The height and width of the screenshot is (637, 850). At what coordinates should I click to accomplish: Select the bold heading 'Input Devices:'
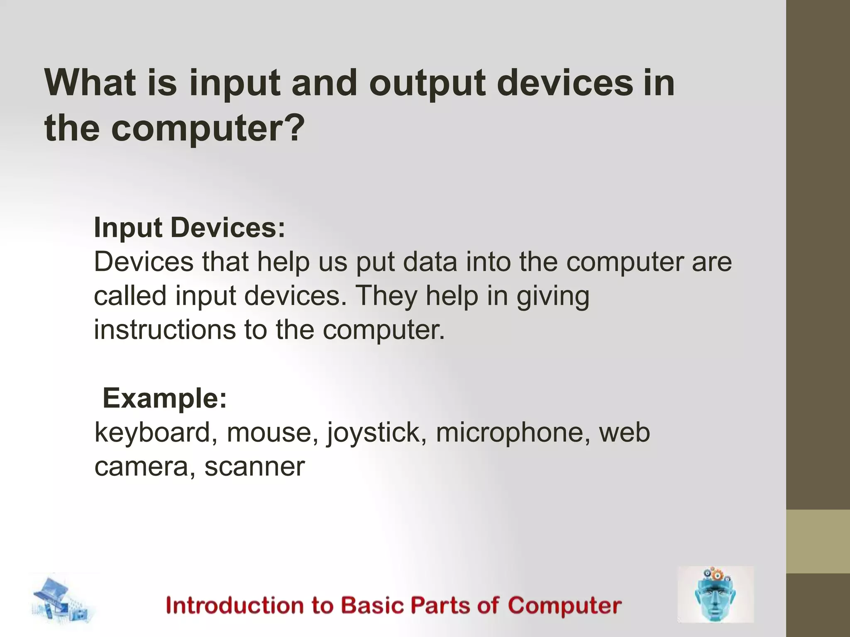click(x=190, y=228)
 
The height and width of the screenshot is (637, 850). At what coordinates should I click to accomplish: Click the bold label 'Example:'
click(x=165, y=399)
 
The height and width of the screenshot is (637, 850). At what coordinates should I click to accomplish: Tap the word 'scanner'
click(x=254, y=467)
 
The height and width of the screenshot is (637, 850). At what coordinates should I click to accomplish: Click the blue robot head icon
click(x=715, y=594)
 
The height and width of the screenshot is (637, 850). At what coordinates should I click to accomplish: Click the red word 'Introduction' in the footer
click(x=249, y=605)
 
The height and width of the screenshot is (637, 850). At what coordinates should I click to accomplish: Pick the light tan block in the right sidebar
click(x=818, y=541)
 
